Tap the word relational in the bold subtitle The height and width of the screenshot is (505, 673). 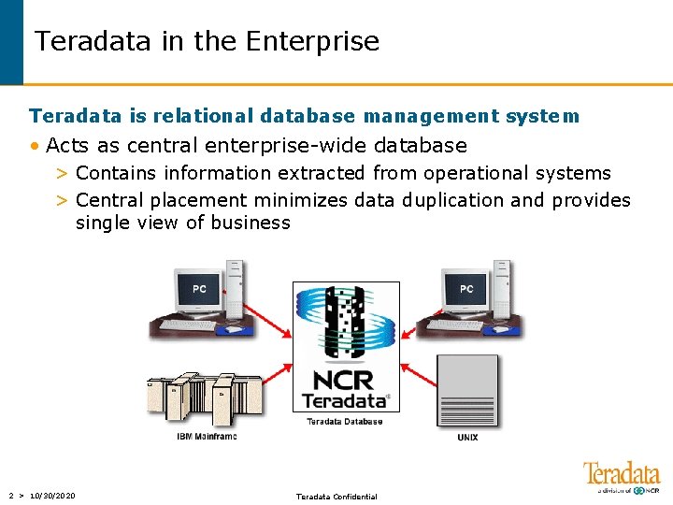coord(205,117)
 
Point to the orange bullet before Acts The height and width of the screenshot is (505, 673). coord(35,146)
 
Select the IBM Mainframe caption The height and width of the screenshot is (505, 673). coord(207,437)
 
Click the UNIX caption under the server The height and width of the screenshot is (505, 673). coord(467,437)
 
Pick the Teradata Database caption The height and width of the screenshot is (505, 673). coord(345,422)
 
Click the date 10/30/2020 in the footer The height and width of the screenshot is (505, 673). coord(52,496)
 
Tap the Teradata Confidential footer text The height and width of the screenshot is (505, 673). coord(336,497)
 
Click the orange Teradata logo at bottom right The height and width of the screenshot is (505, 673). coord(621,474)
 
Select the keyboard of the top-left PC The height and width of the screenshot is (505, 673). coord(187,325)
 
